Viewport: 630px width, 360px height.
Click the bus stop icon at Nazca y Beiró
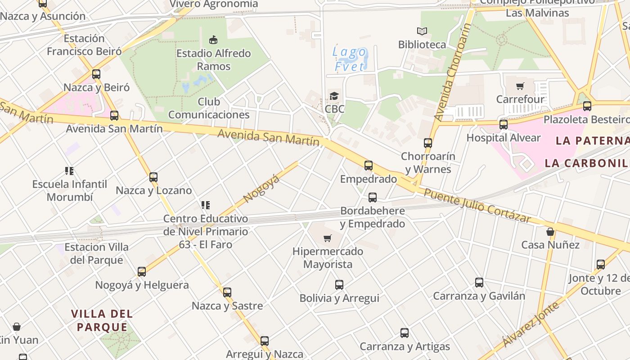click(96, 74)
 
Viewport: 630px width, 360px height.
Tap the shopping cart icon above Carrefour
click(520, 86)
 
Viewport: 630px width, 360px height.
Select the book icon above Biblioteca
click(422, 31)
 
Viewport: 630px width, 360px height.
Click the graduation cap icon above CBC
click(334, 96)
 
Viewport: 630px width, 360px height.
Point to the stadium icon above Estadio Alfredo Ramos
click(213, 40)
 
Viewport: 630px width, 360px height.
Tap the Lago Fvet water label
click(349, 59)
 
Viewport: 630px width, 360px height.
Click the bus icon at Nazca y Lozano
click(153, 177)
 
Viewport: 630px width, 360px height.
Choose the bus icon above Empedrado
click(369, 166)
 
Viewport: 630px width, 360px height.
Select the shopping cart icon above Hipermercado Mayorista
click(327, 238)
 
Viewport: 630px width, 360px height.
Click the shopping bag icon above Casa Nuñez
click(550, 232)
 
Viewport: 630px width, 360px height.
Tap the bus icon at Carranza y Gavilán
click(479, 283)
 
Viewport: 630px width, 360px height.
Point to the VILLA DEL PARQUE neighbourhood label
click(102, 320)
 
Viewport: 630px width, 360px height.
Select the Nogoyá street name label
click(261, 189)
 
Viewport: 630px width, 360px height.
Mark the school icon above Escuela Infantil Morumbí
click(69, 171)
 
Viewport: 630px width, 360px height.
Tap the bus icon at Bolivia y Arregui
click(339, 285)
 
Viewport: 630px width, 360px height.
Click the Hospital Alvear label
click(503, 138)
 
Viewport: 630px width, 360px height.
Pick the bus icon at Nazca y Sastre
click(227, 292)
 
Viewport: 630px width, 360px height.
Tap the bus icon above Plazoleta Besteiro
click(587, 106)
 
